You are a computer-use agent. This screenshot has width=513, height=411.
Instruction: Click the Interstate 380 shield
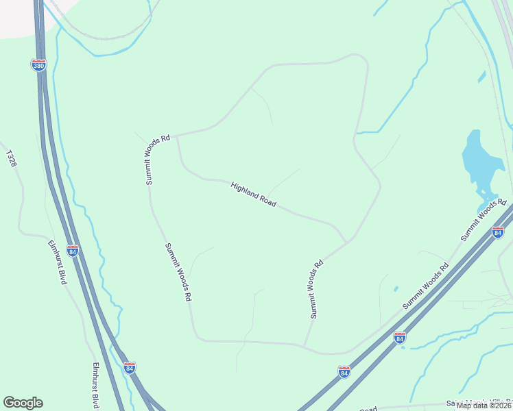click(39, 65)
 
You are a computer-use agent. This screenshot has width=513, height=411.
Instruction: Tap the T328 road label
click(10, 158)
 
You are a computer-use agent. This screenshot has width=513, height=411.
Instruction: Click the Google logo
click(23, 403)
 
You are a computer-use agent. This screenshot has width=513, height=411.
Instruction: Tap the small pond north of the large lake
click(482, 77)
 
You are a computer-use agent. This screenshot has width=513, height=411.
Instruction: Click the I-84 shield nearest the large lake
click(498, 233)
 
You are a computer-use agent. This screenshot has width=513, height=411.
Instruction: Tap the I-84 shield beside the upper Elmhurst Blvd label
click(72, 251)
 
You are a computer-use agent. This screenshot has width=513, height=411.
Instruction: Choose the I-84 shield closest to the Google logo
click(130, 368)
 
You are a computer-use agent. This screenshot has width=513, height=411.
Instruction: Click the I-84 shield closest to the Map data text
click(400, 338)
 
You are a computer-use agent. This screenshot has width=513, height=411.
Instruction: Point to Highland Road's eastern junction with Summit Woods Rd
click(347, 242)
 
